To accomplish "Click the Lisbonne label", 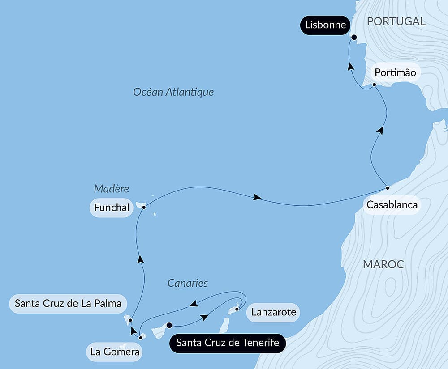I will pos(325,25).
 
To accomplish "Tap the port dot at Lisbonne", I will pos(354,38).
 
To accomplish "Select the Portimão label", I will pos(396,72).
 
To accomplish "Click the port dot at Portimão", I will pos(375,85).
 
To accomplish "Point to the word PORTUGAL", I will pos(396,21).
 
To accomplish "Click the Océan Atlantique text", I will pos(173,92).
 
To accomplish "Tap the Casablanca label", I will pos(392,205).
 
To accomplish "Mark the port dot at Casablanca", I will pos(388,188).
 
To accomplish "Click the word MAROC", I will pos(383,264).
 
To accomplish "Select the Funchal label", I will pos(112,208).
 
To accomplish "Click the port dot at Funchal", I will pos(144,207).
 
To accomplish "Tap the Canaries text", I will pos(188,283).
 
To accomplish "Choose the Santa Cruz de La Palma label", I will pos(68,303).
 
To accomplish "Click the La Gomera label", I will pos(115,352).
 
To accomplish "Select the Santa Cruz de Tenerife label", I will pos(228,343).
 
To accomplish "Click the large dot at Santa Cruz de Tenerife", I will pos(169,325).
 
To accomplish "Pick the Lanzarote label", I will pos(273,312).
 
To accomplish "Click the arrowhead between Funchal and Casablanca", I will pos(257,197).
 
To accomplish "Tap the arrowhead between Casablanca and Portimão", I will pos(380,130).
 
